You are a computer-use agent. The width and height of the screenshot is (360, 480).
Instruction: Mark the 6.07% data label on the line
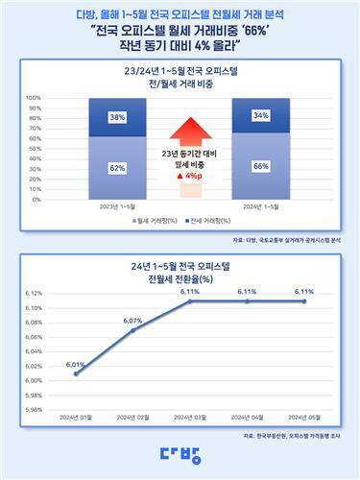(x=132, y=321)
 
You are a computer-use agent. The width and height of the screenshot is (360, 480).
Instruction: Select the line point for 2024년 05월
(x=304, y=300)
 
